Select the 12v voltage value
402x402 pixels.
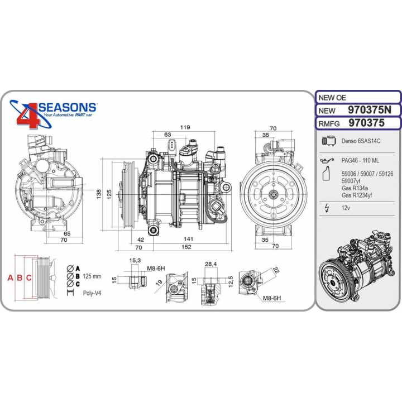coord(346,208)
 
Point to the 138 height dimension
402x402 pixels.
coord(98,193)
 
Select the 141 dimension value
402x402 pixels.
coord(189,238)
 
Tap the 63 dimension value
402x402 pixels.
coord(167,135)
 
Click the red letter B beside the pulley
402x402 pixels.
coord(20,277)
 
